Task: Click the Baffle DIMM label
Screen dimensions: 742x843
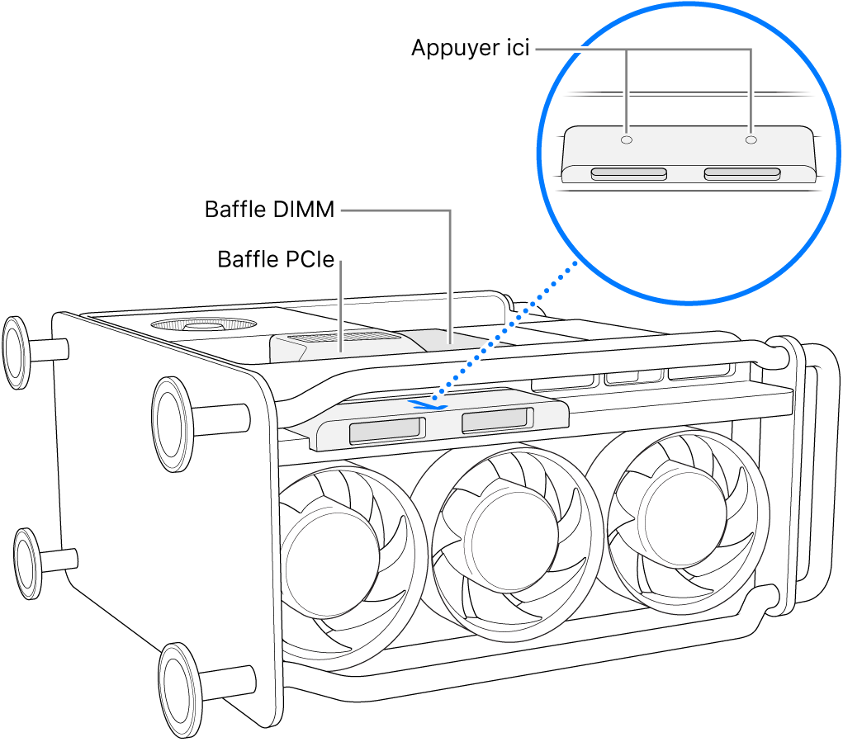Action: (269, 210)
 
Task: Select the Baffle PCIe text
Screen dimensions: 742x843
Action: (275, 260)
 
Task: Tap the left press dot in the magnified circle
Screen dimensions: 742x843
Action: (627, 140)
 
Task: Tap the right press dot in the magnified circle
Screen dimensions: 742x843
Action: (750, 140)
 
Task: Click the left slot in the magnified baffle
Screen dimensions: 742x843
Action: (628, 174)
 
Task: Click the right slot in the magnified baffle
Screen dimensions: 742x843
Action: (741, 173)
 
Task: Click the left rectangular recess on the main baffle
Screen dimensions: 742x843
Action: (386, 430)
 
